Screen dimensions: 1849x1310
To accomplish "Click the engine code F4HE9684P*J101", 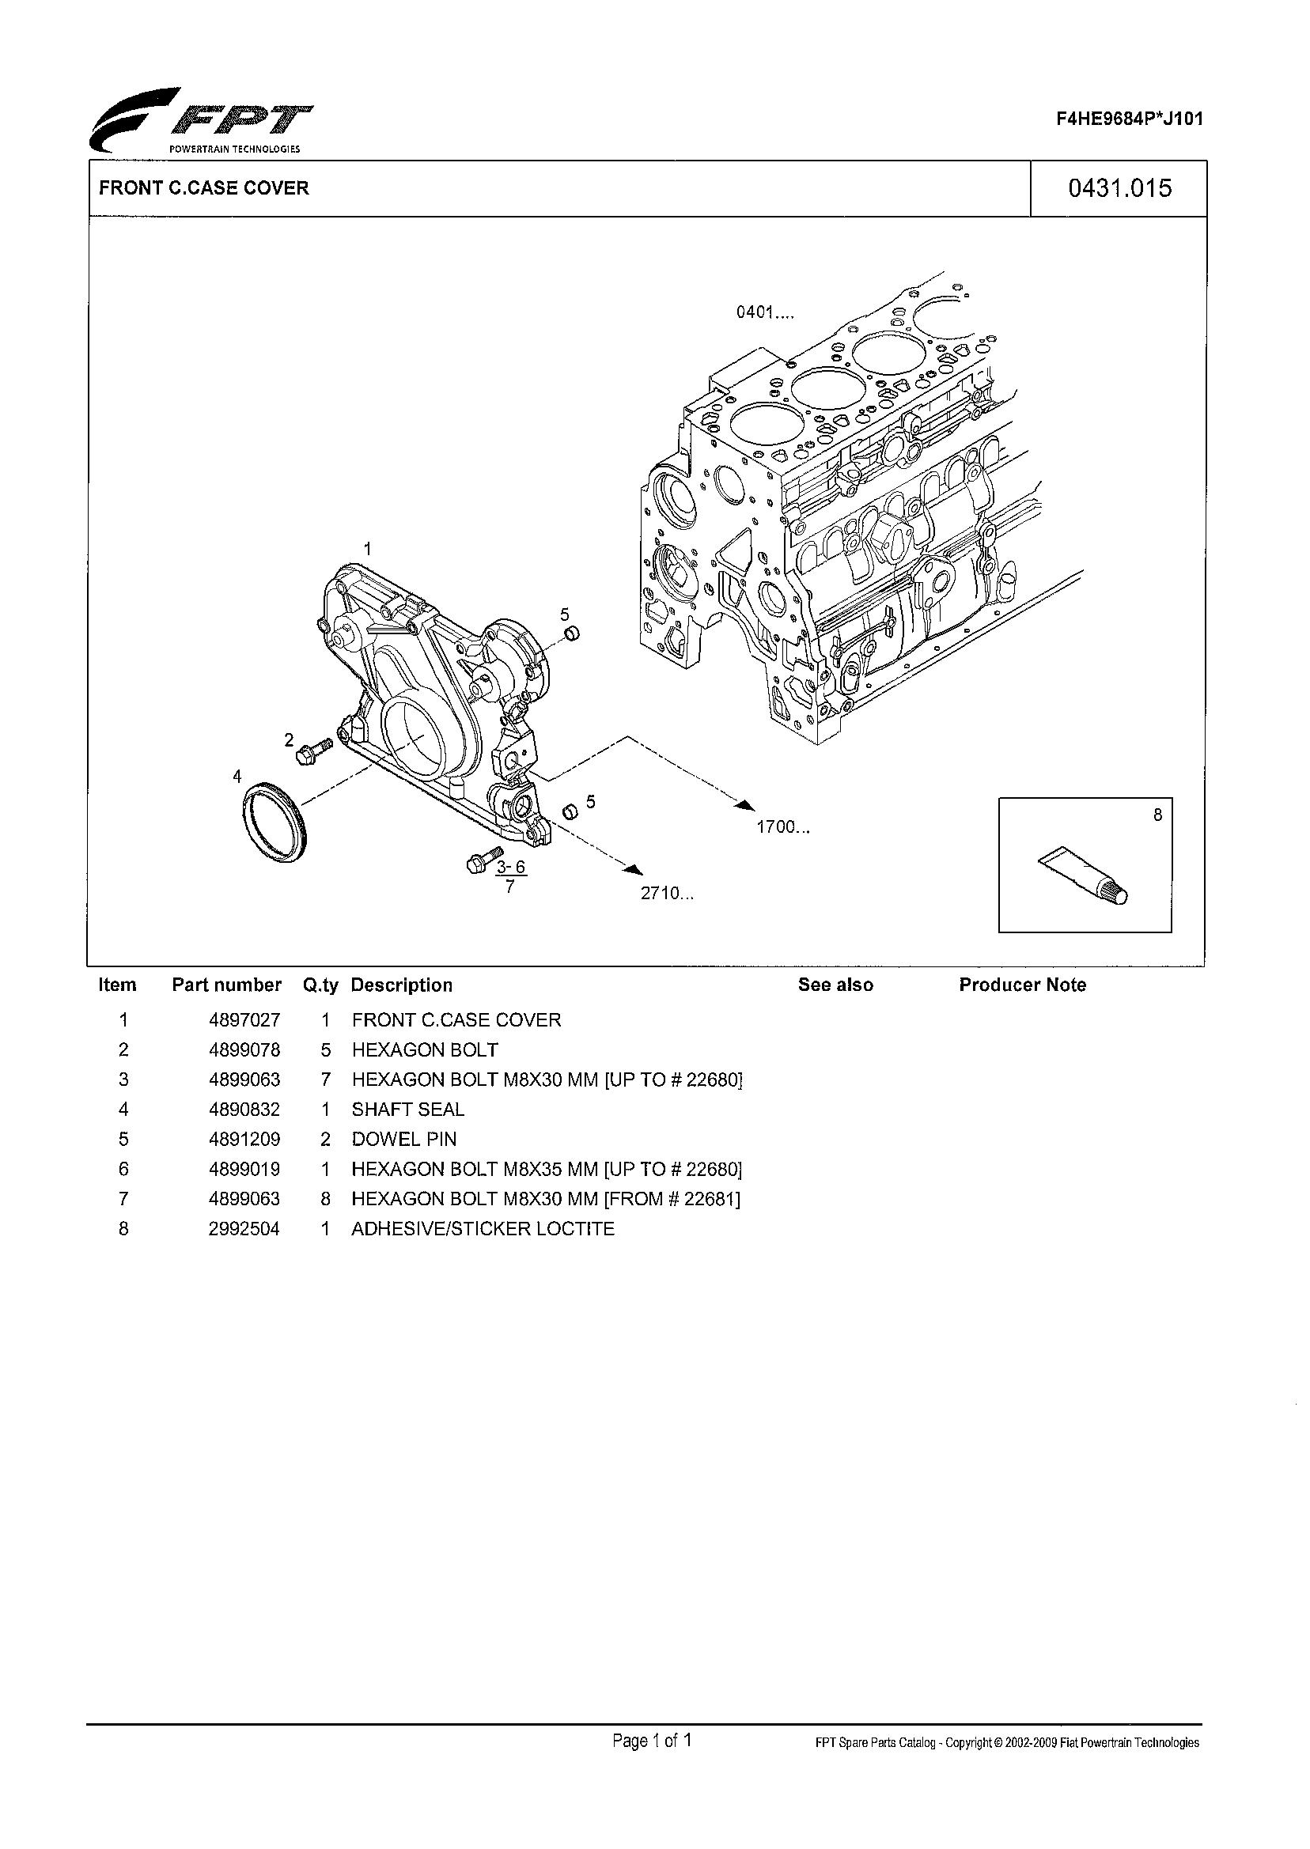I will pyautogui.click(x=1130, y=119).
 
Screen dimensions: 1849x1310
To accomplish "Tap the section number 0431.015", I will pyautogui.click(x=1119, y=188).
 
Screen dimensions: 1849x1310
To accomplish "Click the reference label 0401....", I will pyautogui.click(x=764, y=312).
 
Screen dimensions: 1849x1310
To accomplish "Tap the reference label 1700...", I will pyautogui.click(x=782, y=826).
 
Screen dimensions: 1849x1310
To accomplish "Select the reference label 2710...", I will pyautogui.click(x=666, y=894).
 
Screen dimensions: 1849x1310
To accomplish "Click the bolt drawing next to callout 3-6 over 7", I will pyautogui.click(x=484, y=860).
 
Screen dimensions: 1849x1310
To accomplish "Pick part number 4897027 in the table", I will pyautogui.click(x=244, y=1020).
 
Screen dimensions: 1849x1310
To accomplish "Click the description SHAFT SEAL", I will pyautogui.click(x=407, y=1110).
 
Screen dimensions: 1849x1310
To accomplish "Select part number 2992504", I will pyautogui.click(x=244, y=1229).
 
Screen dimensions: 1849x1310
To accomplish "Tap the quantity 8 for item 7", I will pyautogui.click(x=325, y=1199).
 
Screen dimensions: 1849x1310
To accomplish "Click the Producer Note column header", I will pyautogui.click(x=1022, y=985).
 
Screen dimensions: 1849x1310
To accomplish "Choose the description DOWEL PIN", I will pyautogui.click(x=403, y=1140).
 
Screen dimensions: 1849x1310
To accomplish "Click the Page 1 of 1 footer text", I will pyautogui.click(x=652, y=1741).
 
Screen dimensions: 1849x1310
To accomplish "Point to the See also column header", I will pyautogui.click(x=835, y=985).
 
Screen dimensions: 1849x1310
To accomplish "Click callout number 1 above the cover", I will pyautogui.click(x=367, y=548).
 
